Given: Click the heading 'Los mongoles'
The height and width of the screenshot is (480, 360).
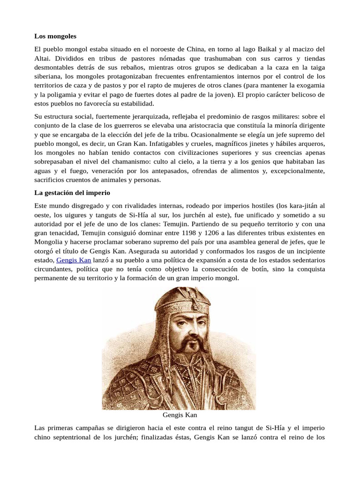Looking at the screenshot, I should tap(55, 36).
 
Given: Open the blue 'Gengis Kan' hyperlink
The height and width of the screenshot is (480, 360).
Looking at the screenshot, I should tap(74, 260).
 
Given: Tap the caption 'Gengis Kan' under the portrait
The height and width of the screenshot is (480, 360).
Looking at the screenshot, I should tap(180, 415).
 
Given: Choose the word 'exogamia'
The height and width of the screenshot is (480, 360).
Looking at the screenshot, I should tap(308, 85).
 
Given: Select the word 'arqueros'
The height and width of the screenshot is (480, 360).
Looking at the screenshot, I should tap(309, 143).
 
